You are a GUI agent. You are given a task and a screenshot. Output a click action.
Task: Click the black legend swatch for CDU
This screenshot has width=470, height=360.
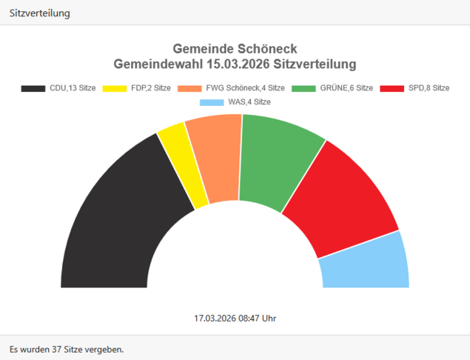coord(33,88)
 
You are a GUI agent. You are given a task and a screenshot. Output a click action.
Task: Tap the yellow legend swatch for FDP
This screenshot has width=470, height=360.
coord(114,88)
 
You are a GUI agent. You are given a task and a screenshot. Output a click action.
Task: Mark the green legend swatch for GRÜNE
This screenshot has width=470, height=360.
coord(303,88)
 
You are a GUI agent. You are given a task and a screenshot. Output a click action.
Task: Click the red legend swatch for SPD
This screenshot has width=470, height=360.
coord(392,88)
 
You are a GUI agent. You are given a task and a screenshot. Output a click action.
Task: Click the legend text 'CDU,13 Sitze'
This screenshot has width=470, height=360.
coord(73,88)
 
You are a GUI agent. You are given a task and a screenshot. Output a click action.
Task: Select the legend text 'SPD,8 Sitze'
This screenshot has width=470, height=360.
coord(429,88)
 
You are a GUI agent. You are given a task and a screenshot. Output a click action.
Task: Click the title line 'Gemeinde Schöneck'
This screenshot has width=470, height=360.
coord(235,49)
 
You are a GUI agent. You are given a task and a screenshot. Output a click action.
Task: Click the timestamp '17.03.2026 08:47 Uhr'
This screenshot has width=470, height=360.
coord(235,318)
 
